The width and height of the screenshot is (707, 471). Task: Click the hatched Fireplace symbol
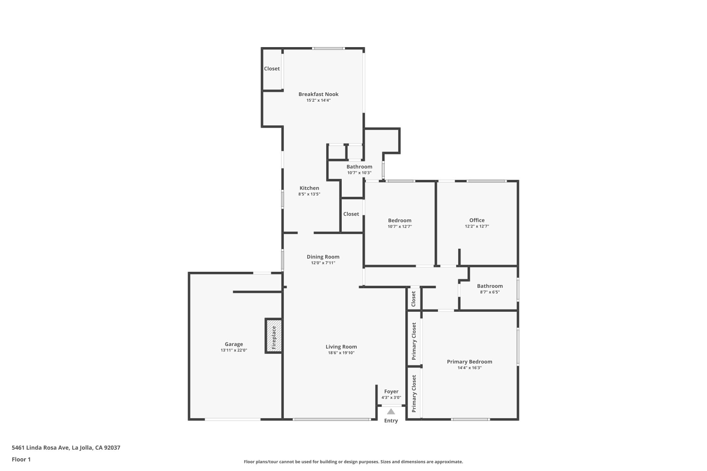(x=274, y=335)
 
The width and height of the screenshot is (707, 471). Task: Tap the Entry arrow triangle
(x=391, y=412)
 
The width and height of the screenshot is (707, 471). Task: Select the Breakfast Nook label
(x=318, y=94)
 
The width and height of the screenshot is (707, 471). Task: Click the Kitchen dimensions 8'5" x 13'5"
(x=309, y=194)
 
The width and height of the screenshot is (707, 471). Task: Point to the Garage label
(x=234, y=344)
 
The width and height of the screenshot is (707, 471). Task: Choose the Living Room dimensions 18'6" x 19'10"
(x=341, y=353)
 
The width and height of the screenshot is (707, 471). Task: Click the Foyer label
(x=391, y=391)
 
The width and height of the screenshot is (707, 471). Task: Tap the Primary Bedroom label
(x=469, y=362)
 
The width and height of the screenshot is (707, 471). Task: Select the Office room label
(x=477, y=220)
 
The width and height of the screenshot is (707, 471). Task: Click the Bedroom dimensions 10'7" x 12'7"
(x=400, y=227)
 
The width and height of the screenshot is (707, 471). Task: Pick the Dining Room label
(x=323, y=257)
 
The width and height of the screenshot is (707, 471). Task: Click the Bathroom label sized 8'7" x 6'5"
(x=490, y=286)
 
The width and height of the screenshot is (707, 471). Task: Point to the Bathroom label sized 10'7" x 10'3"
(x=359, y=167)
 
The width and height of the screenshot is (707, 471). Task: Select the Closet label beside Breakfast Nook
(x=272, y=69)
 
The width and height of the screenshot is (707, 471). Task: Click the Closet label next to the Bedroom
(x=351, y=214)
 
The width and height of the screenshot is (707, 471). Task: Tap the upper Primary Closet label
(x=414, y=341)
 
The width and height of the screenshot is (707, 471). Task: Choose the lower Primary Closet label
(x=414, y=393)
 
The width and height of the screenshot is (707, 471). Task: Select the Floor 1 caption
(x=21, y=459)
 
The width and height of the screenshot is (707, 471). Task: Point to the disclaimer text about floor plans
(x=353, y=462)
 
